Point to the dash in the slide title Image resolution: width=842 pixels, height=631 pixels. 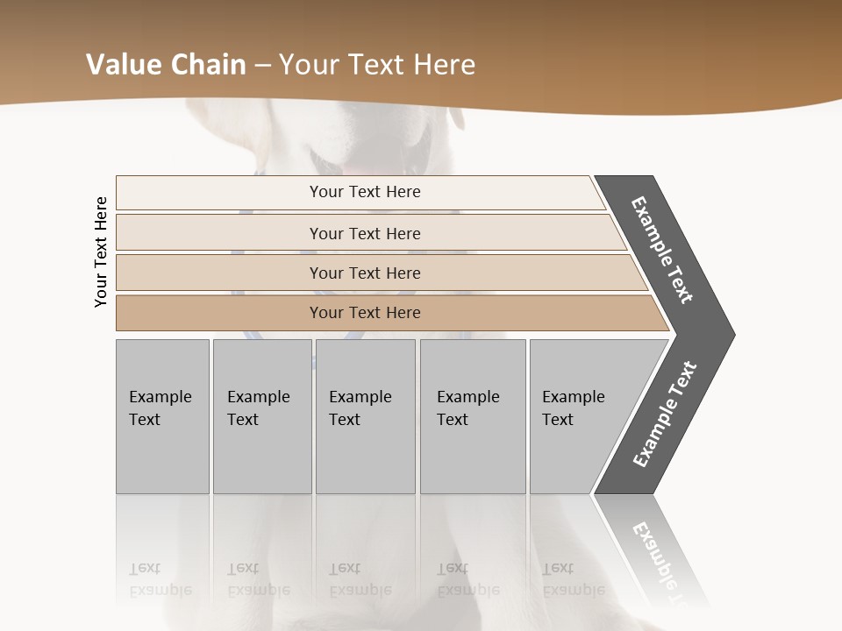click(262, 66)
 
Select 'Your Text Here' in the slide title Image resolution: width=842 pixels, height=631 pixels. click(377, 65)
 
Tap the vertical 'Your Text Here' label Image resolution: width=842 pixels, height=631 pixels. click(101, 252)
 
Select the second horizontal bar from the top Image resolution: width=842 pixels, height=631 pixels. click(365, 233)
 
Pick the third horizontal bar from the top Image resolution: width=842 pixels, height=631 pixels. click(365, 273)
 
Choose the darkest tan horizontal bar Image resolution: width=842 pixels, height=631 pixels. click(365, 313)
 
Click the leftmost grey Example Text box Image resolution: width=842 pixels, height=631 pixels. click(162, 416)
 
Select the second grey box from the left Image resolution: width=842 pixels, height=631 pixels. click(261, 416)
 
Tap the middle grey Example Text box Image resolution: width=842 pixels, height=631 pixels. click(365, 416)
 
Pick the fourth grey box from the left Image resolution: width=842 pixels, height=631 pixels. click(473, 416)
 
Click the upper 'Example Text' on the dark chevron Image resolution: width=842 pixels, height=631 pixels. click(662, 250)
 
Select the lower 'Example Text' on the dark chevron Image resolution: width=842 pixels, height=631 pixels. click(665, 415)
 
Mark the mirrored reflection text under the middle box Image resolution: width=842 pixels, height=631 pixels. click(360, 579)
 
